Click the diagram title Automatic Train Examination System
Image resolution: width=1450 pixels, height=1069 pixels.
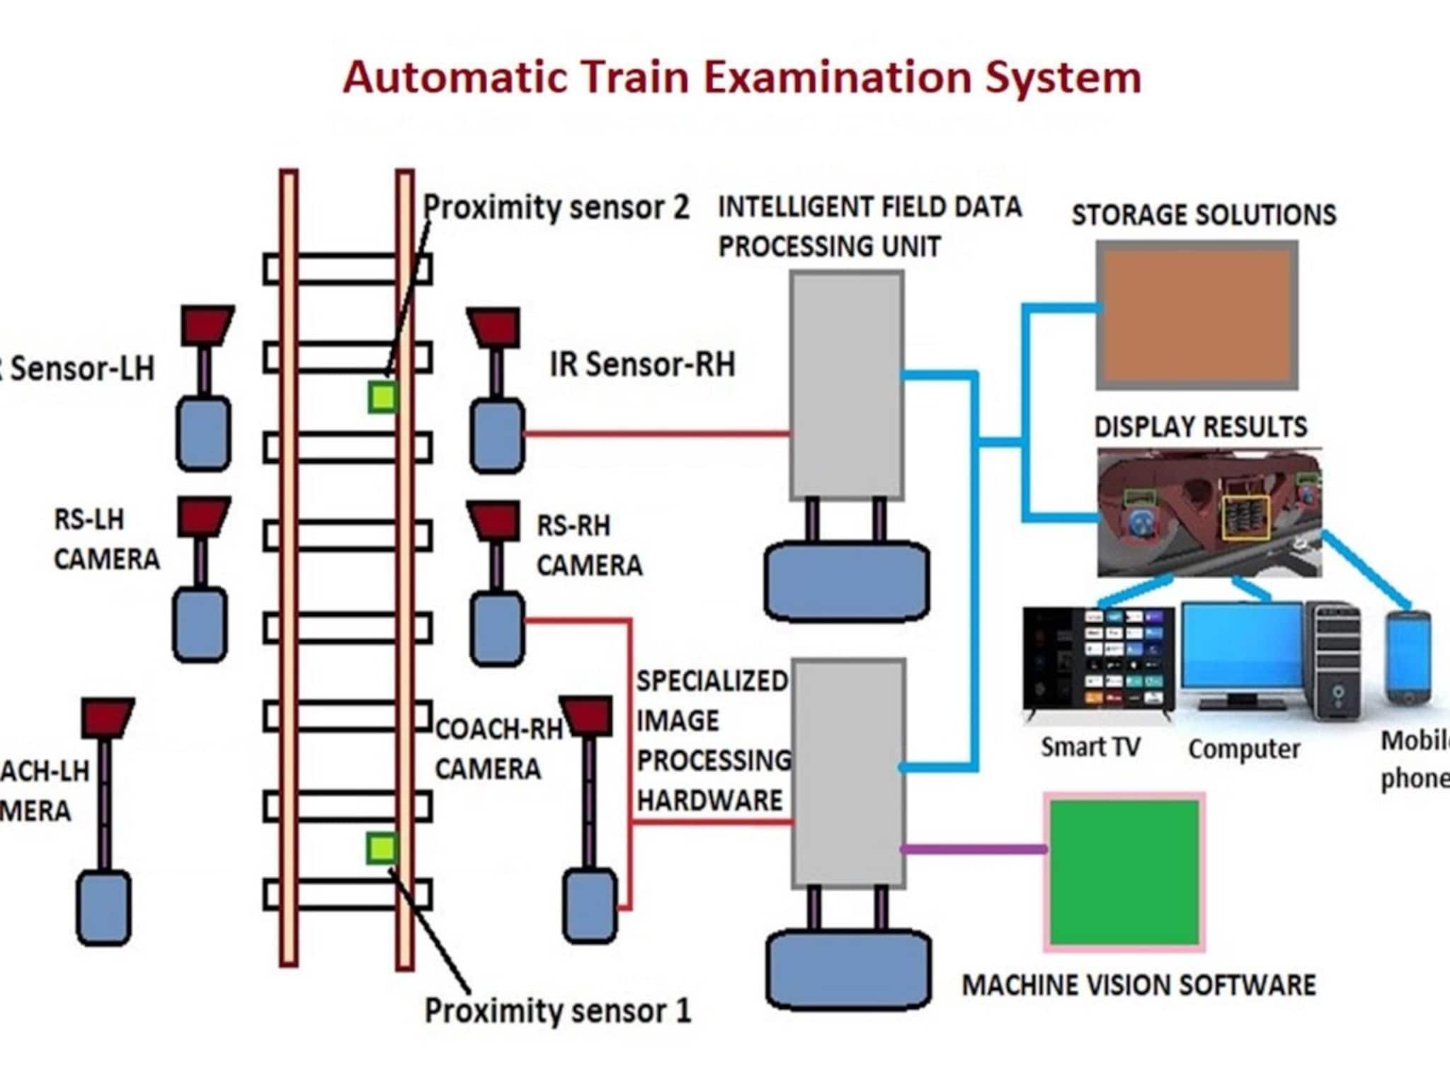[x=742, y=77]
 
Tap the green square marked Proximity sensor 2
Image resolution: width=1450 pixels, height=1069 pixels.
[x=382, y=397]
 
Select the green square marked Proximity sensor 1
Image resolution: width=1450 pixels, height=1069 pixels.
[x=382, y=848]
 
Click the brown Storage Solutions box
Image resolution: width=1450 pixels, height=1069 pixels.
[x=1197, y=315]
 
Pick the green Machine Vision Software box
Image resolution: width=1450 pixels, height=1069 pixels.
[x=1124, y=872]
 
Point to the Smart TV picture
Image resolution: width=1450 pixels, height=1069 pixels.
[x=1098, y=659]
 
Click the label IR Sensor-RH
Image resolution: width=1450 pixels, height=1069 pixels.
[x=642, y=365]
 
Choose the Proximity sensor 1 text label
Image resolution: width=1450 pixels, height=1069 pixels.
[x=557, y=1010]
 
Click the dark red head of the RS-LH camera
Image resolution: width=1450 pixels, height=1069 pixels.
[x=203, y=515]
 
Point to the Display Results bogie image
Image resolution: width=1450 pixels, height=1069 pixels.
[x=1209, y=513]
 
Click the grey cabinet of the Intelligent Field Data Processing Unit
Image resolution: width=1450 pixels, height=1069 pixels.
[x=847, y=386]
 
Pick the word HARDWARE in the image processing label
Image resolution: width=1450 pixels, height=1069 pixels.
[x=709, y=800]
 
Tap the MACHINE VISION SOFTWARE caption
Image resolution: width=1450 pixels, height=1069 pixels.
[x=1138, y=985]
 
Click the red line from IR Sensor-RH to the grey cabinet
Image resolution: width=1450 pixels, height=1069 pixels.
[x=657, y=433]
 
